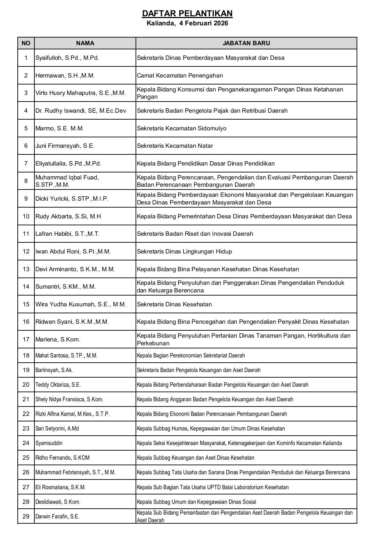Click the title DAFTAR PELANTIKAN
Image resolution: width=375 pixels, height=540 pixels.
[x=187, y=14]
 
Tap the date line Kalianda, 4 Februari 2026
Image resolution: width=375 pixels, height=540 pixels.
[x=187, y=24]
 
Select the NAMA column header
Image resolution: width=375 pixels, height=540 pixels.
[x=85, y=43]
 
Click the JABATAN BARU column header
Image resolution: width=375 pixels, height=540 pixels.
[x=246, y=43]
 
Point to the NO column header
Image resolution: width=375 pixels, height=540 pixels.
[x=26, y=43]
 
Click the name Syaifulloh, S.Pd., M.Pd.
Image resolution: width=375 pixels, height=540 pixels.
[x=67, y=58]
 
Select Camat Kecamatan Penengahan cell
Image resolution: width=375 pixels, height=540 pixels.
[x=180, y=75]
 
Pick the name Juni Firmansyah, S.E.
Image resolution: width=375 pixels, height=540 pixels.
[x=65, y=146]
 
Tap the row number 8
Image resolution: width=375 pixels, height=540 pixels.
[x=26, y=181]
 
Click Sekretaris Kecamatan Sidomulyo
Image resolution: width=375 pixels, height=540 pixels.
[x=181, y=128]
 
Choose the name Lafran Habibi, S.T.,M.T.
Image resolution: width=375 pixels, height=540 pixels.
[x=67, y=234]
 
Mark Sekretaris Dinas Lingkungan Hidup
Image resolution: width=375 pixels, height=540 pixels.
[x=184, y=251]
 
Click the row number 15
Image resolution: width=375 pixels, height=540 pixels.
[x=26, y=304]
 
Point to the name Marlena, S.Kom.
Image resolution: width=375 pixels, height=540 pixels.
[x=58, y=339]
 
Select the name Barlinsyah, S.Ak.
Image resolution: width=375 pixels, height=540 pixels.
[x=54, y=370]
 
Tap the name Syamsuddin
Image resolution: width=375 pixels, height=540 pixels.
[x=49, y=443]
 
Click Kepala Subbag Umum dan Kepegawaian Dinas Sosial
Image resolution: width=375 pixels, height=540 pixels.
[x=196, y=502]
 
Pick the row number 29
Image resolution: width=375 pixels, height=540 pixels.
[x=26, y=516]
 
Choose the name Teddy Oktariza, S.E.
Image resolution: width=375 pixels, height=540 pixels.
[x=58, y=385]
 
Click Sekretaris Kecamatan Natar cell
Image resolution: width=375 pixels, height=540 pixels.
[x=175, y=146]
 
